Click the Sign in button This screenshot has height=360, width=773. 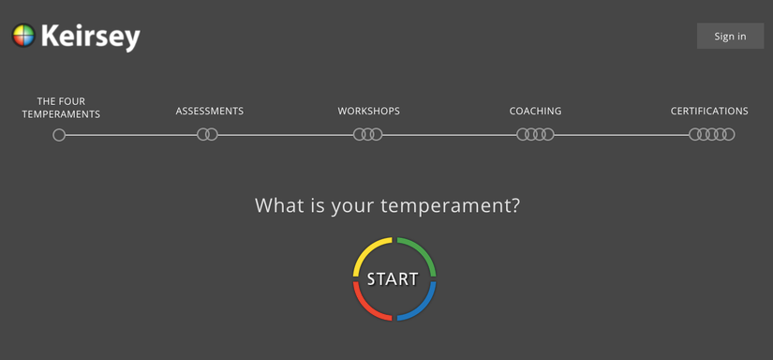(730, 36)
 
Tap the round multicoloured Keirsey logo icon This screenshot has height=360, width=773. (23, 36)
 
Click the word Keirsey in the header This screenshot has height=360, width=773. (91, 37)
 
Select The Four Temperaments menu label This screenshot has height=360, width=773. (61, 108)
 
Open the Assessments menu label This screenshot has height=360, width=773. (210, 111)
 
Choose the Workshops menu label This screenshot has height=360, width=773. (369, 111)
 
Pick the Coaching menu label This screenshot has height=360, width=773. (535, 111)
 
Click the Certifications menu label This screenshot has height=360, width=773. (709, 111)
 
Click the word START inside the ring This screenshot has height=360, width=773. (393, 279)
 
